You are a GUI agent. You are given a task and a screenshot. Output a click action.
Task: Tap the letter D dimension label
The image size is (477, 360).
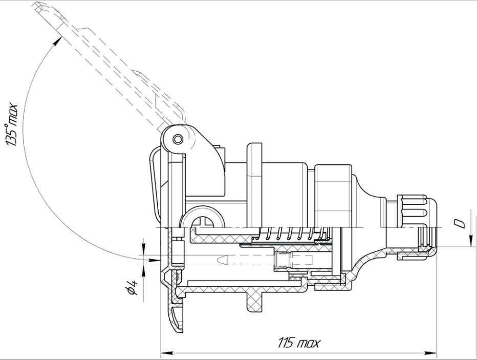tap(460, 224)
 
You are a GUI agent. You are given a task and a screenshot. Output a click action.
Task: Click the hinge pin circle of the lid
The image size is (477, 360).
tap(177, 139)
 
